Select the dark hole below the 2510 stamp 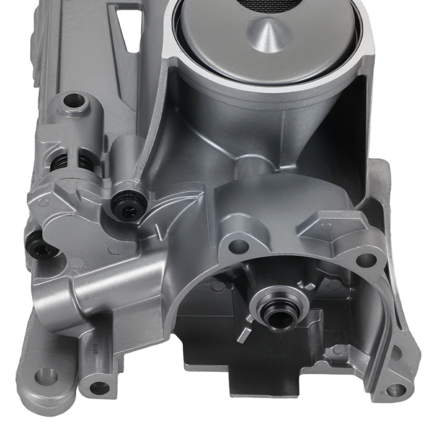point(99,388)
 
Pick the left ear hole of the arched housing point(240,245)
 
